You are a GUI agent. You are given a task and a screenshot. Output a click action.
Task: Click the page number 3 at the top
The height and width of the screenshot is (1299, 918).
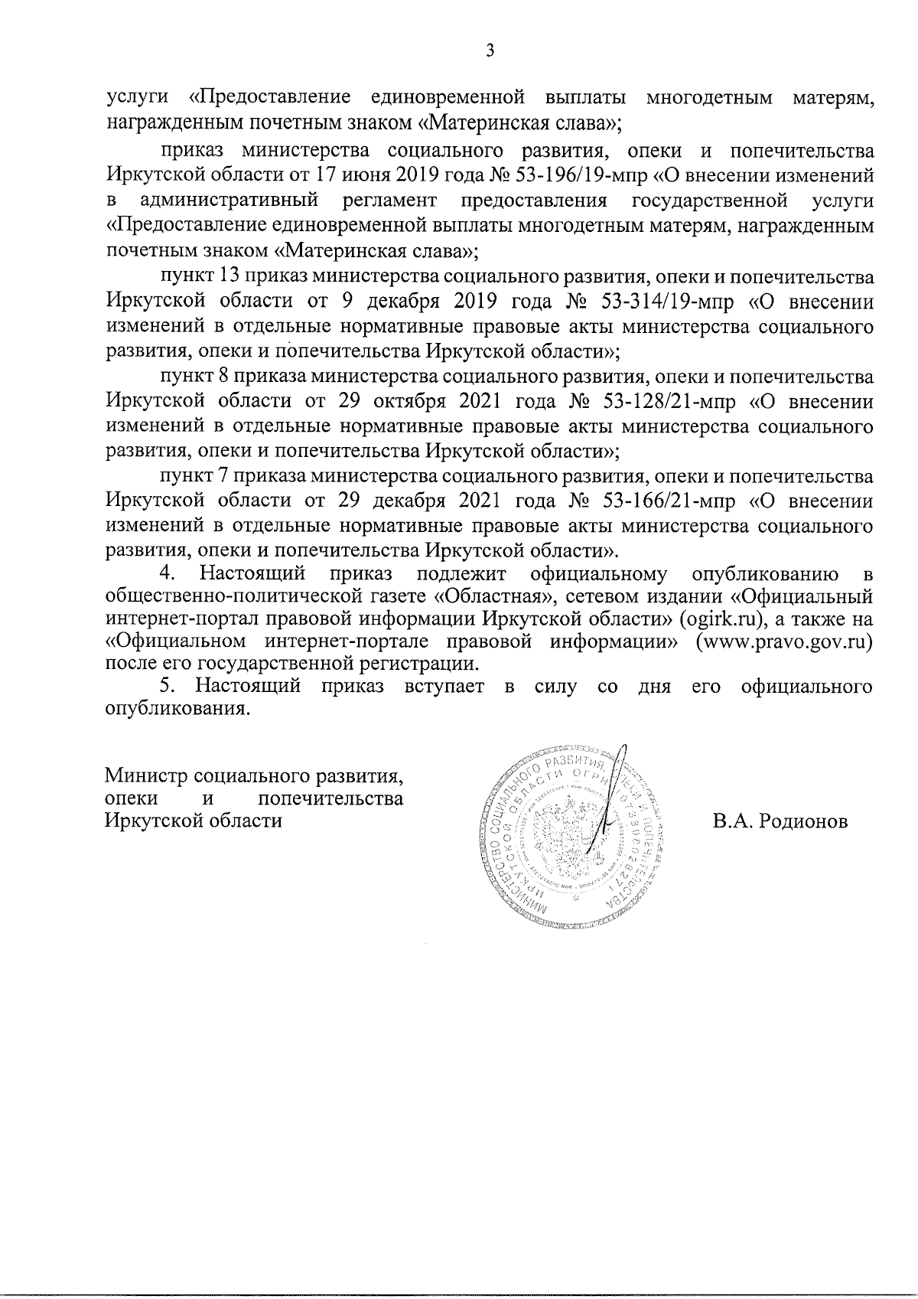(x=490, y=52)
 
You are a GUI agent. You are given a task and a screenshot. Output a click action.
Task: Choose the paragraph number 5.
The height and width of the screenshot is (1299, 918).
(x=168, y=686)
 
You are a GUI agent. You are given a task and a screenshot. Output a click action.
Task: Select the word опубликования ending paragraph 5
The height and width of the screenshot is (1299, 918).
(x=177, y=709)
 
